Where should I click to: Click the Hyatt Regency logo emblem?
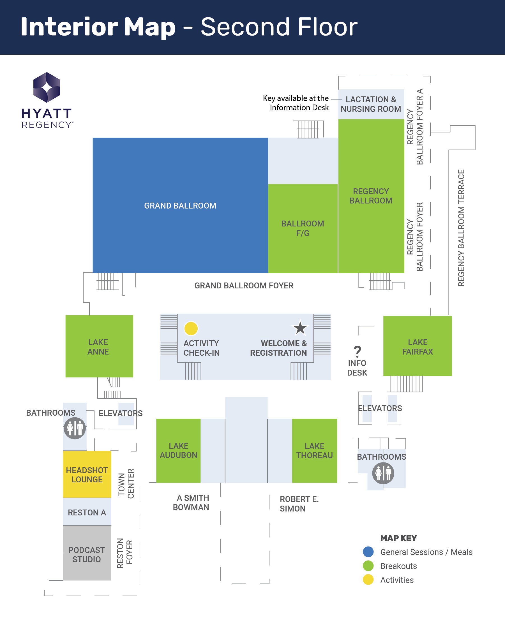(x=47, y=87)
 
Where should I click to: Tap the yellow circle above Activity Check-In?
(x=191, y=328)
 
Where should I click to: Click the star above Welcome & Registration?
(x=300, y=328)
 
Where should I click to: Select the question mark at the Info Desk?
(x=357, y=351)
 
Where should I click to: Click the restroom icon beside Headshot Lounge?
(x=75, y=428)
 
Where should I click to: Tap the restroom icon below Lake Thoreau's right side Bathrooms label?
(x=383, y=473)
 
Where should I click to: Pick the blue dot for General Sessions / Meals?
(x=368, y=552)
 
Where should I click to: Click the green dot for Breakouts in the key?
(x=368, y=566)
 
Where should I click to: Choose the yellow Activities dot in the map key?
(x=368, y=580)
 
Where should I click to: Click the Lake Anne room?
(x=99, y=346)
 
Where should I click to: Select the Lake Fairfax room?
(x=418, y=346)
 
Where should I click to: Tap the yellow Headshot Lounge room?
(x=87, y=474)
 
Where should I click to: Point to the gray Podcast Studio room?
(x=87, y=554)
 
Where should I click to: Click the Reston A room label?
(x=87, y=513)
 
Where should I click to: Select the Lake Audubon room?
(x=178, y=451)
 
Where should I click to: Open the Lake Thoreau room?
(x=314, y=451)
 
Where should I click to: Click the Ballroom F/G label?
(x=303, y=228)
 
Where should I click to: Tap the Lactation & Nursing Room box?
(x=371, y=104)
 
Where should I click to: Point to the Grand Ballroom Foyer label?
(x=244, y=286)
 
